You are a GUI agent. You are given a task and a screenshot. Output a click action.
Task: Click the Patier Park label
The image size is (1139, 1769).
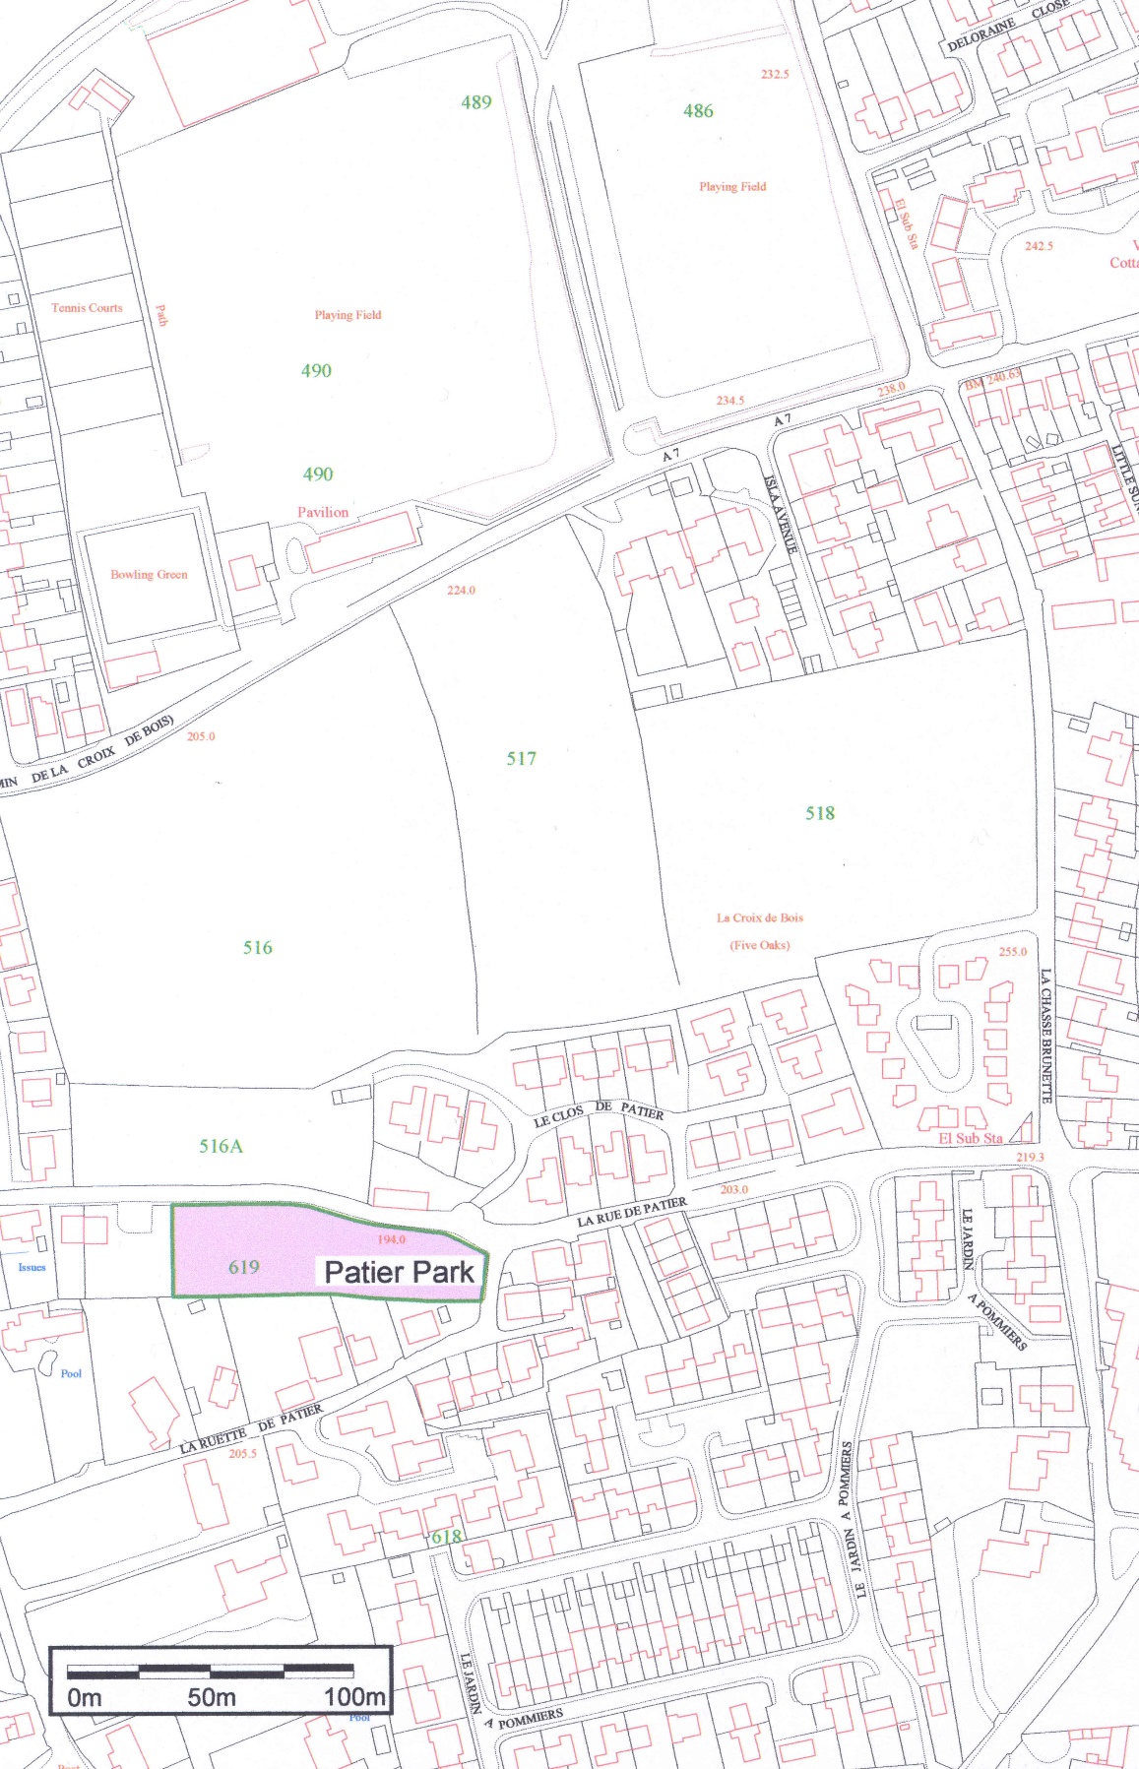pos(399,1272)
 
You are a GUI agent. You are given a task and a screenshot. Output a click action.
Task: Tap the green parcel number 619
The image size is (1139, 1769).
pos(244,1267)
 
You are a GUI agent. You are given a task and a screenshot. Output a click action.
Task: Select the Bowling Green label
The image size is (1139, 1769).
pos(149,575)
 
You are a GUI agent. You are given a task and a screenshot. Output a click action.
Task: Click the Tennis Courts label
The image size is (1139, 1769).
pos(87,308)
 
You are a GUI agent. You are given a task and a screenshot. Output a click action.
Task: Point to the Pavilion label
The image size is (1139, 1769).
pos(323,512)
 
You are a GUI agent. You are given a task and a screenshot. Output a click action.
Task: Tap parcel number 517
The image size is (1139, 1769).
pos(522,758)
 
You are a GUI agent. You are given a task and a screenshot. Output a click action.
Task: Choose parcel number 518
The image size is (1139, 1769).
pos(820,813)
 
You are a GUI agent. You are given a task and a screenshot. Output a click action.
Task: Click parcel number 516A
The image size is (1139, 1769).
pos(221,1146)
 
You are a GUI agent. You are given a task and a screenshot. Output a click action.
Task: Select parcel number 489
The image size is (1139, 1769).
pos(476,102)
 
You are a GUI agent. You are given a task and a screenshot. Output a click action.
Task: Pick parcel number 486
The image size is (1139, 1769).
pos(698,111)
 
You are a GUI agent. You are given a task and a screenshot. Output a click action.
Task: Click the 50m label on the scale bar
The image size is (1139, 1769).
pos(212,1697)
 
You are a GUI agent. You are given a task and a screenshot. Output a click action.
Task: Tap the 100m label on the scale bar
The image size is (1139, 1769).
pos(354,1697)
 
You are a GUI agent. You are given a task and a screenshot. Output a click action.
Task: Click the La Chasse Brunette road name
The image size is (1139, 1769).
pos(1045,1036)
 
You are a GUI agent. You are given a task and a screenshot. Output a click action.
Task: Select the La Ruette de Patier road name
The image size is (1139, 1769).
pos(251,1428)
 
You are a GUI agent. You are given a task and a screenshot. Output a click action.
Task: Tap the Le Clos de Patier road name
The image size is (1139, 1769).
pos(599,1113)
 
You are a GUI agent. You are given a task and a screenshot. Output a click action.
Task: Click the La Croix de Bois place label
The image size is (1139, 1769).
pos(759,917)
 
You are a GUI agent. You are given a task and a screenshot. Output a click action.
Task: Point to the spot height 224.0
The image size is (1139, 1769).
pos(461,591)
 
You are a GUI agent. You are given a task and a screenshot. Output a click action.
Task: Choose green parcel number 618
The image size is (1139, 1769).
pos(446,1537)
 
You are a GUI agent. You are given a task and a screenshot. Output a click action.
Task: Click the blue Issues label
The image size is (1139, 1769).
pos(32,1267)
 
